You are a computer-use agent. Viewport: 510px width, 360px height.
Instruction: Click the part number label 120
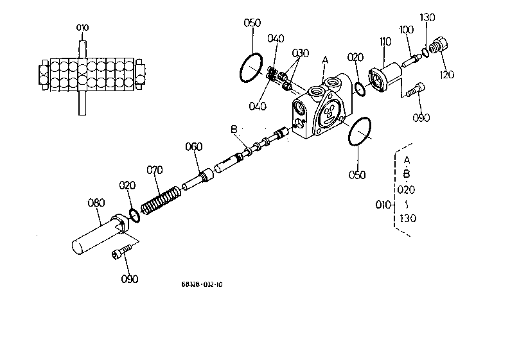pos(446,74)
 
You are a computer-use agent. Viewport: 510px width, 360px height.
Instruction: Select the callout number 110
pos(385,42)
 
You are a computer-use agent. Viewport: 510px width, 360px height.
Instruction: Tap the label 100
pos(406,30)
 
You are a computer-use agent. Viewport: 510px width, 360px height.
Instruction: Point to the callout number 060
pos(193,147)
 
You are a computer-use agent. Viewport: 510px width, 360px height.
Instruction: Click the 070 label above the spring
pos(155,170)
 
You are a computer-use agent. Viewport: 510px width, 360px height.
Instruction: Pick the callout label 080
pos(96,203)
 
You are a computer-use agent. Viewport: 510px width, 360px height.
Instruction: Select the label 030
pos(300,53)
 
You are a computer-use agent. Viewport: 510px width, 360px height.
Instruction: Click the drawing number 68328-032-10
pos(202,285)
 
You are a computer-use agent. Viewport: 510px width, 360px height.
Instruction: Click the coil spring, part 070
pos(161,201)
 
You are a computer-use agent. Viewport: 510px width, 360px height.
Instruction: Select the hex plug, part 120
pos(439,46)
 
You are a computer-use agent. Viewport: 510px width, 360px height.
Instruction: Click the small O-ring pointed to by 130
pos(425,52)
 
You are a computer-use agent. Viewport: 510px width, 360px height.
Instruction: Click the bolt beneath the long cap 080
pos(121,252)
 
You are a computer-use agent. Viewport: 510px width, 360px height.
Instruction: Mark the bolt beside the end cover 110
pos(416,89)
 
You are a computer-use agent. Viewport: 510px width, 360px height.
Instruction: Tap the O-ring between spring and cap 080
pos(134,216)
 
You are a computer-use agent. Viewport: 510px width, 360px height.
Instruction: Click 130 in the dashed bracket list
pos(408,218)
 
